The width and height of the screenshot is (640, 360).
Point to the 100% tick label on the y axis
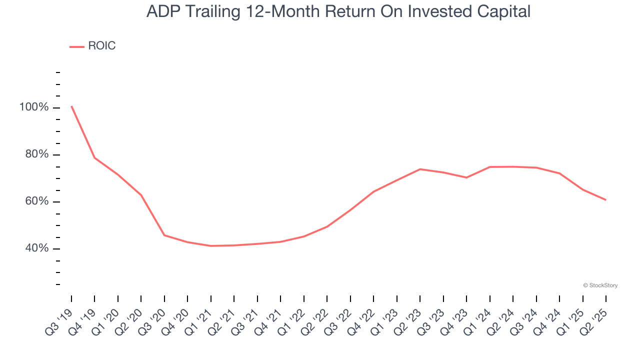(34, 107)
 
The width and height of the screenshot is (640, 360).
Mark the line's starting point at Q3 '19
(71, 106)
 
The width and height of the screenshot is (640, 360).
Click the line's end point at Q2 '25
(606, 200)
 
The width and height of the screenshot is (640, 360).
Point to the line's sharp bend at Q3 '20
(164, 235)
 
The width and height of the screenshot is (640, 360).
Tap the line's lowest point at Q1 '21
(211, 246)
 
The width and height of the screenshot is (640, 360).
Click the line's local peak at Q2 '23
(420, 169)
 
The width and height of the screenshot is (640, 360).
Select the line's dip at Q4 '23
(466, 177)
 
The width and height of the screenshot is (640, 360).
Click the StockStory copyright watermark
(600, 285)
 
